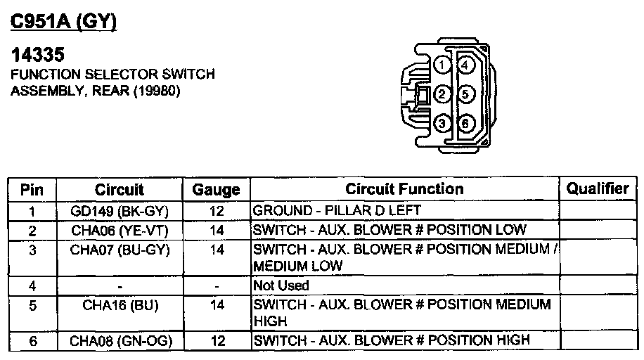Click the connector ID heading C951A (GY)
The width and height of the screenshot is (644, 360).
(63, 22)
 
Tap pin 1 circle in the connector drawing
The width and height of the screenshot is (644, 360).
(441, 65)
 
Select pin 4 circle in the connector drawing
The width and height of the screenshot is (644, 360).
(465, 65)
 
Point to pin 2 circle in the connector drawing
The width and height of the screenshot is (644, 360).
(441, 94)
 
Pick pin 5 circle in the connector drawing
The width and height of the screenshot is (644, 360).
(465, 94)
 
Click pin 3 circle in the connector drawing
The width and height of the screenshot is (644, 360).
(441, 124)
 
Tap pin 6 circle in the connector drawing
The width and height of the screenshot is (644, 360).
(465, 124)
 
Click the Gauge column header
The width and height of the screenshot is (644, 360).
(216, 190)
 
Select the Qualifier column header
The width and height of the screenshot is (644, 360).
(598, 188)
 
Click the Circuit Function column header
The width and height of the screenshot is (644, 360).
(404, 189)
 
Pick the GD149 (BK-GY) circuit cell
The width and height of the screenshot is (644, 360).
(120, 210)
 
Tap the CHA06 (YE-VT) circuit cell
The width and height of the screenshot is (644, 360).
(120, 230)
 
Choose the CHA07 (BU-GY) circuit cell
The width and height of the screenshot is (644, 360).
(120, 250)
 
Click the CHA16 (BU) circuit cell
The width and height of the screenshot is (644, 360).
(120, 304)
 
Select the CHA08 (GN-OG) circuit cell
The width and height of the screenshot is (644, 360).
(120, 342)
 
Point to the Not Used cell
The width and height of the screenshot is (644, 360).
(281, 286)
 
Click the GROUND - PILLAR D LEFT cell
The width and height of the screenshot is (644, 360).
(337, 210)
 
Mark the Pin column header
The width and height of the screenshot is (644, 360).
(32, 190)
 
